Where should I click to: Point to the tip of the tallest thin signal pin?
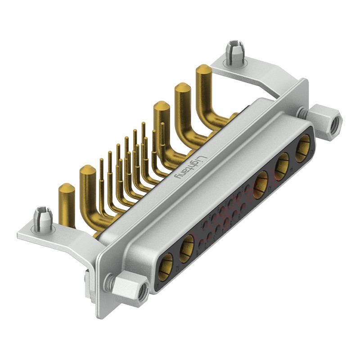(x=143, y=123)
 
